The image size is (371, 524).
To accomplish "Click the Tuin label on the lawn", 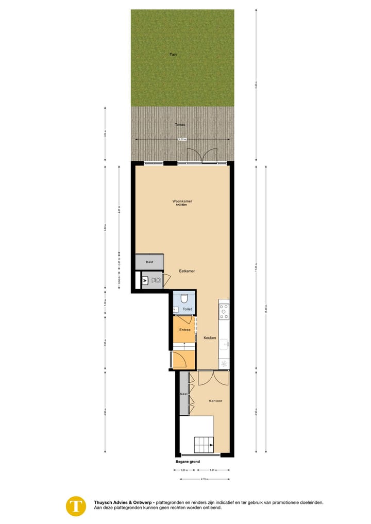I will click(173, 54).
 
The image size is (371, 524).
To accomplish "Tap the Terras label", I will click(179, 125).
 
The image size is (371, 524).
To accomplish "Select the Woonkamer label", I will click(182, 201).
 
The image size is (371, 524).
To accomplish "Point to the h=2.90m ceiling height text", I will click(182, 205).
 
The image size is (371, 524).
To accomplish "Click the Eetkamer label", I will click(187, 271).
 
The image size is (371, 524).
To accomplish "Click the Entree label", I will click(184, 330).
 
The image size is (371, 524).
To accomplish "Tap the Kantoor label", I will click(215, 400).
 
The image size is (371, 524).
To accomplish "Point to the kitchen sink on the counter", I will click(225, 343).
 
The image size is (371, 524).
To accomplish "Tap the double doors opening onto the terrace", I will click(201, 156).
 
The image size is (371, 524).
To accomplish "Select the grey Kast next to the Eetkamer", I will click(149, 262).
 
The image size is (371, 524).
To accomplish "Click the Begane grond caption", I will click(188, 462).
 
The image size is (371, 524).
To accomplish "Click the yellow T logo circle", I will click(76, 506).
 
